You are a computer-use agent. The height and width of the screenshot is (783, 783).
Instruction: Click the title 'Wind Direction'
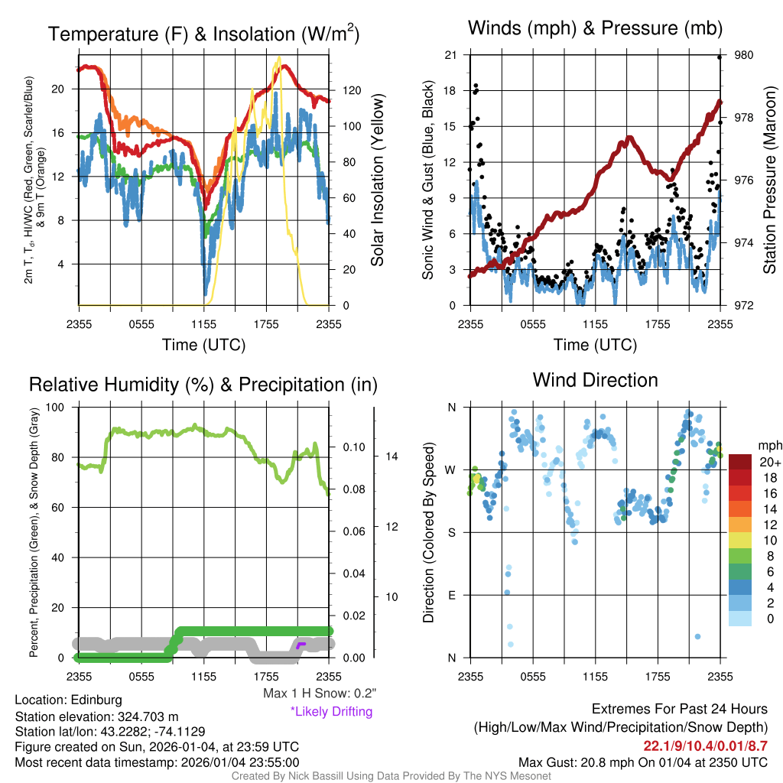point(595,380)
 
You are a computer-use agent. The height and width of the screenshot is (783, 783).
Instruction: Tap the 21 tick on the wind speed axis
point(450,55)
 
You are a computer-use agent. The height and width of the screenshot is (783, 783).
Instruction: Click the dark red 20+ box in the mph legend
point(740,462)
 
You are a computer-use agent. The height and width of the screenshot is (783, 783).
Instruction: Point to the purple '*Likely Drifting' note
point(331,711)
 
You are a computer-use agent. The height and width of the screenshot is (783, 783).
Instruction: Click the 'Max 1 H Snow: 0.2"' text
point(320,694)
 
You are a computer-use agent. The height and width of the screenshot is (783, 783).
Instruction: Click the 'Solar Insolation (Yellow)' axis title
point(378,180)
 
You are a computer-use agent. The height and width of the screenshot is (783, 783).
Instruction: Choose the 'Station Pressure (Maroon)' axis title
point(769,180)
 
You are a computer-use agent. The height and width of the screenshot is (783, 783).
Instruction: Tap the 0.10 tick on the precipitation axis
point(353,447)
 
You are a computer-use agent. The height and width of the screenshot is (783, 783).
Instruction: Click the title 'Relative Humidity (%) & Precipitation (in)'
point(203,385)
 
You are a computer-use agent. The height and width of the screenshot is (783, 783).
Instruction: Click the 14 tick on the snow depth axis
point(391,456)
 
